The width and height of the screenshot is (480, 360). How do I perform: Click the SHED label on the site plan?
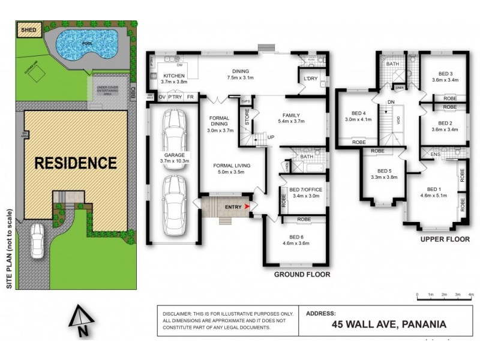[x=29, y=28]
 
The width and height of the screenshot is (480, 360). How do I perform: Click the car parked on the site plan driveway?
[x=37, y=238]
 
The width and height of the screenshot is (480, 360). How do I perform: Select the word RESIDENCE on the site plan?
[x=75, y=163]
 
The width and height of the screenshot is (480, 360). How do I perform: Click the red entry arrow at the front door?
[x=248, y=206]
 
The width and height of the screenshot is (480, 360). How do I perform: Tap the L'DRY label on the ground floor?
[x=311, y=79]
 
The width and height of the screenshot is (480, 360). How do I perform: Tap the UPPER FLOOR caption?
[x=439, y=239]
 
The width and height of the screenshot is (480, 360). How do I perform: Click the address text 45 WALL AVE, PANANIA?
[x=389, y=325]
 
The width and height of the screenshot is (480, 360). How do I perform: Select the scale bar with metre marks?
[x=445, y=294]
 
